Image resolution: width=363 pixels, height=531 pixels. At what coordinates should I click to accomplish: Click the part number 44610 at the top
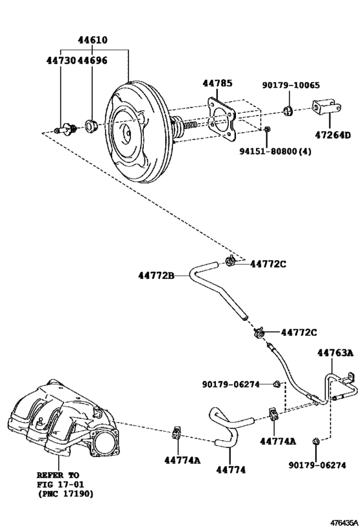(93, 40)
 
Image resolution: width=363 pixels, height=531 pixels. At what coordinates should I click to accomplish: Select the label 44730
(61, 60)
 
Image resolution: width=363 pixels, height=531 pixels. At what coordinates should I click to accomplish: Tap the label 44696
(92, 60)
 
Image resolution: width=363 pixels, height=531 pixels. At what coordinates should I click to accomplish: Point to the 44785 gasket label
(217, 83)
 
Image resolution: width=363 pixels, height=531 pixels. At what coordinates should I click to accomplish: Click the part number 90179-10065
(290, 85)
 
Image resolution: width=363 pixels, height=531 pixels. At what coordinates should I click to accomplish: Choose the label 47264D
(333, 135)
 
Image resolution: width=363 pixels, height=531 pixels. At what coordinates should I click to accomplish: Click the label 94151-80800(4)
(275, 151)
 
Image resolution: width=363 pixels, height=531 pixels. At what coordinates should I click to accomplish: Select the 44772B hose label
(156, 276)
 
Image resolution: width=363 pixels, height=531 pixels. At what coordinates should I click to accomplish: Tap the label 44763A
(335, 353)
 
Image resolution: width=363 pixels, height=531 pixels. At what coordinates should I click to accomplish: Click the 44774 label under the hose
(231, 469)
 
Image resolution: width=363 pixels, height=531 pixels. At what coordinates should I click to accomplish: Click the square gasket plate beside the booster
(221, 119)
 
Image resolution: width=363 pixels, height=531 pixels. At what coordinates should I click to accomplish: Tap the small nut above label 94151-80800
(267, 128)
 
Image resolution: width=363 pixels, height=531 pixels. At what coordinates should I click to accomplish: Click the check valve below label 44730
(65, 129)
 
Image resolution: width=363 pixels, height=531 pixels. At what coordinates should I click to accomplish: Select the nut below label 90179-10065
(288, 110)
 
